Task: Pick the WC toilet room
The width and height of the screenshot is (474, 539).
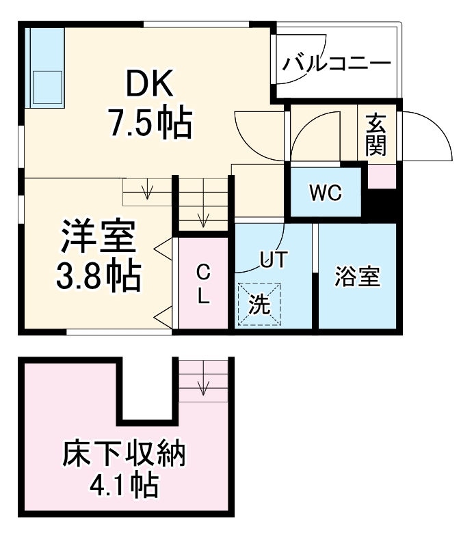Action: [x=325, y=193]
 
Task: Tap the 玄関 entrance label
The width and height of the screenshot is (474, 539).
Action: [x=376, y=135]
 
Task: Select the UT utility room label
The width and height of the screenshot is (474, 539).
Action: [x=274, y=258]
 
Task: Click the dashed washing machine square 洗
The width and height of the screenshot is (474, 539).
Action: [x=259, y=304]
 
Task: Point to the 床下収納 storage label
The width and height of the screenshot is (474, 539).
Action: [x=124, y=454]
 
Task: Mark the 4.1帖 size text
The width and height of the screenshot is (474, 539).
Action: [x=124, y=486]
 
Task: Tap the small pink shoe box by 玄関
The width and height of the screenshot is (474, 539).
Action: [x=382, y=177]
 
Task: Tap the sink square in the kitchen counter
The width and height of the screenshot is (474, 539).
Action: [x=46, y=87]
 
